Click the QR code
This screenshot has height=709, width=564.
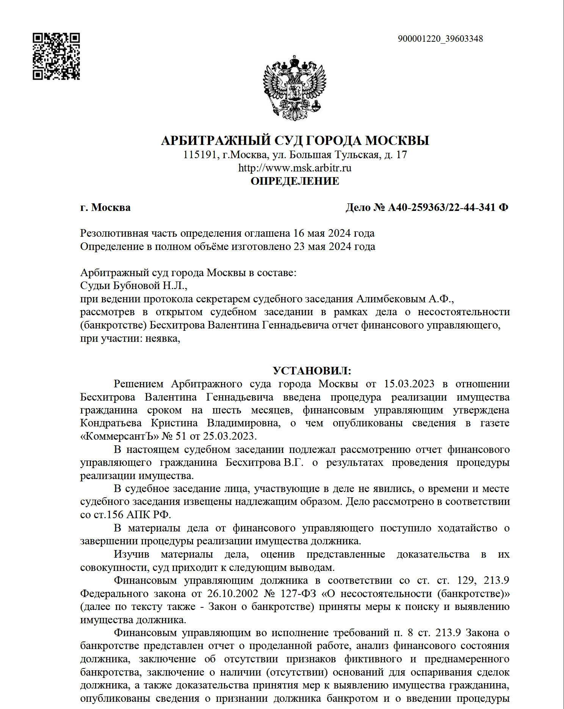click(56, 57)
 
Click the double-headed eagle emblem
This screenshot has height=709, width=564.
click(295, 88)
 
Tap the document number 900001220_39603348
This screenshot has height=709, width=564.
click(440, 39)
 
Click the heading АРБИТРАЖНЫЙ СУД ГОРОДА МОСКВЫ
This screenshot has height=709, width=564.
click(295, 140)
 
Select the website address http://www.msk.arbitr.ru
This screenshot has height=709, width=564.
click(295, 168)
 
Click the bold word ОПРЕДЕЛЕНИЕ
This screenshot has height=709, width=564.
click(295, 181)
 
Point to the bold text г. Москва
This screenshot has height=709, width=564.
click(105, 208)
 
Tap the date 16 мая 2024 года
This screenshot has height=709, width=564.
click(334, 233)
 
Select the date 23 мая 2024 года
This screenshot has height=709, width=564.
click(334, 247)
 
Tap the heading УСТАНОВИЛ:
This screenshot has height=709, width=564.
click(312, 371)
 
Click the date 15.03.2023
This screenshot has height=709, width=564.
click(409, 384)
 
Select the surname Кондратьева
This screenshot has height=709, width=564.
click(111, 423)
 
